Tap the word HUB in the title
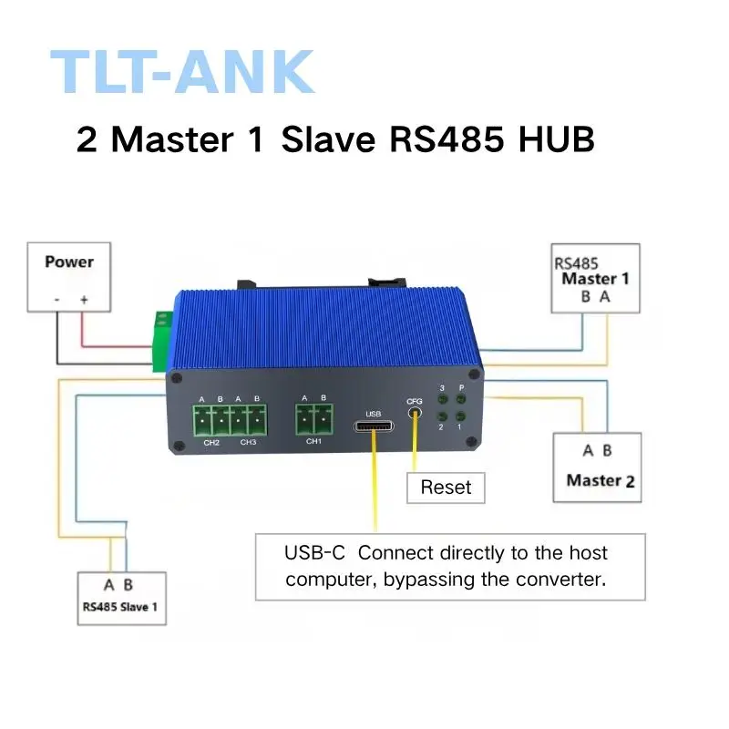tap(556, 139)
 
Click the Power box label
tap(69, 262)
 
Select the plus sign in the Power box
tap(84, 300)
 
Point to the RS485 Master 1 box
tap(595, 278)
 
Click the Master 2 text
tap(601, 481)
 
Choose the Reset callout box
tap(446, 488)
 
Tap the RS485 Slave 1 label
tap(120, 607)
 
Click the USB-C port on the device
tap(374, 426)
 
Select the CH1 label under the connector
tap(313, 441)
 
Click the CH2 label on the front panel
tap(211, 442)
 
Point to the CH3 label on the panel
tap(248, 442)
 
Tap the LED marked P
tap(461, 399)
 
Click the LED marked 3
tap(443, 399)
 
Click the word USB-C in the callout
tap(314, 553)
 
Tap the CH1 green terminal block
tap(314, 419)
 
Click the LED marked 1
tap(460, 416)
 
